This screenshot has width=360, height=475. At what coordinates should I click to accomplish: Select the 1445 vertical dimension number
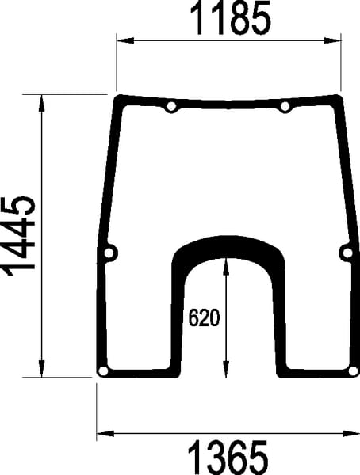(19, 235)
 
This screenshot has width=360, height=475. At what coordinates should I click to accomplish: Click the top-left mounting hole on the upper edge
(171, 107)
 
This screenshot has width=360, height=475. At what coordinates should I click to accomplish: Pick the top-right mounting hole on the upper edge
(285, 107)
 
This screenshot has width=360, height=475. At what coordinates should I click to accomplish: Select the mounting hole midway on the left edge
(109, 253)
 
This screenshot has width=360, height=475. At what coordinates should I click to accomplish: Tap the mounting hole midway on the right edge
(346, 253)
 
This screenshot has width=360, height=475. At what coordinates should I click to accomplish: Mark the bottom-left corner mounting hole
(102, 371)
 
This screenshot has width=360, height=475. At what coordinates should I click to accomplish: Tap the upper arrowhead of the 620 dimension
(228, 263)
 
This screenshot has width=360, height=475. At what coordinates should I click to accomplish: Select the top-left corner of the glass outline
(117, 98)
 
